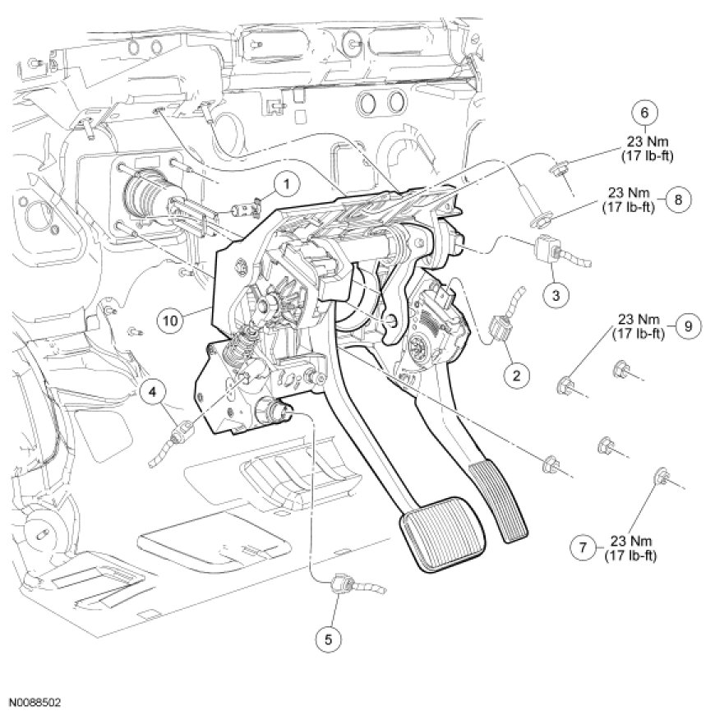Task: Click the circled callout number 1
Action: pyautogui.click(x=285, y=182)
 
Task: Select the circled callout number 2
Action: pyautogui.click(x=516, y=376)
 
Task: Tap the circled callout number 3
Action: pyautogui.click(x=556, y=293)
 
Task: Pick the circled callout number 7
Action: pyautogui.click(x=582, y=546)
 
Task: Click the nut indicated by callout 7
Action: pyautogui.click(x=659, y=476)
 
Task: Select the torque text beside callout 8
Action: pyautogui.click(x=630, y=199)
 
